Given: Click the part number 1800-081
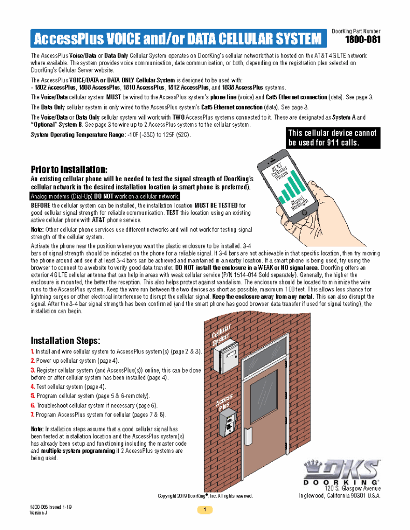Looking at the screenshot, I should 363,40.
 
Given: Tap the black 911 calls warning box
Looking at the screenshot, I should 332,138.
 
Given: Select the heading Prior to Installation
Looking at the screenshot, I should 69,170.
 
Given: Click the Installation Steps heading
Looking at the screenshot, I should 65,341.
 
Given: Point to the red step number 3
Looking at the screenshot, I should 32,370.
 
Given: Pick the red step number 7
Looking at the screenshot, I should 32,414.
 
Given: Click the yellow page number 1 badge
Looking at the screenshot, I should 205,510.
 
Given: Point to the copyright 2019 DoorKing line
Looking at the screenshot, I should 205,496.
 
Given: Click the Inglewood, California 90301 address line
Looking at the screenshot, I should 340,495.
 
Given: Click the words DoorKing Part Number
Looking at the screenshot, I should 356,32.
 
